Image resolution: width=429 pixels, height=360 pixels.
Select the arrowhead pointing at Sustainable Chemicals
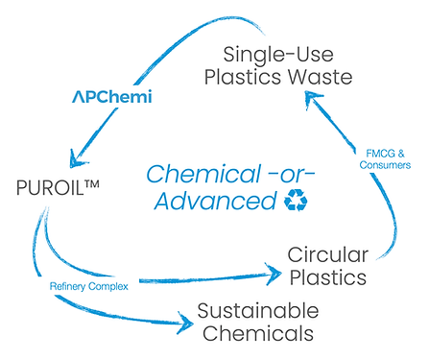pos(182,323)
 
